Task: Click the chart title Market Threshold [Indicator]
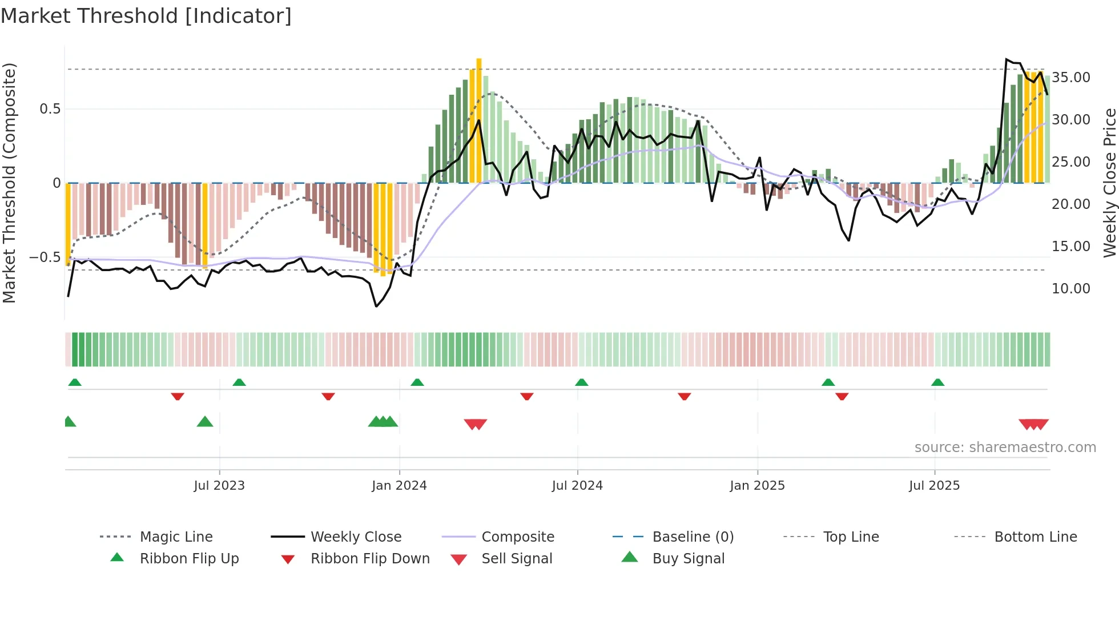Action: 146,16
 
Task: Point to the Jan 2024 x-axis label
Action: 399,485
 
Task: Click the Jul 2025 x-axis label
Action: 934,485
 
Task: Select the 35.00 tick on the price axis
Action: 1071,77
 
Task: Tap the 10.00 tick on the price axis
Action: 1071,288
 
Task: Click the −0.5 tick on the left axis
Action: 45,257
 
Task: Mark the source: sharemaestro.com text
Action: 1005,447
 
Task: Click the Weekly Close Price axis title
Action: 1109,183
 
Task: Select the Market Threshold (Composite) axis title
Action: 9,183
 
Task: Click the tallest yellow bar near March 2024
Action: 479,120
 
